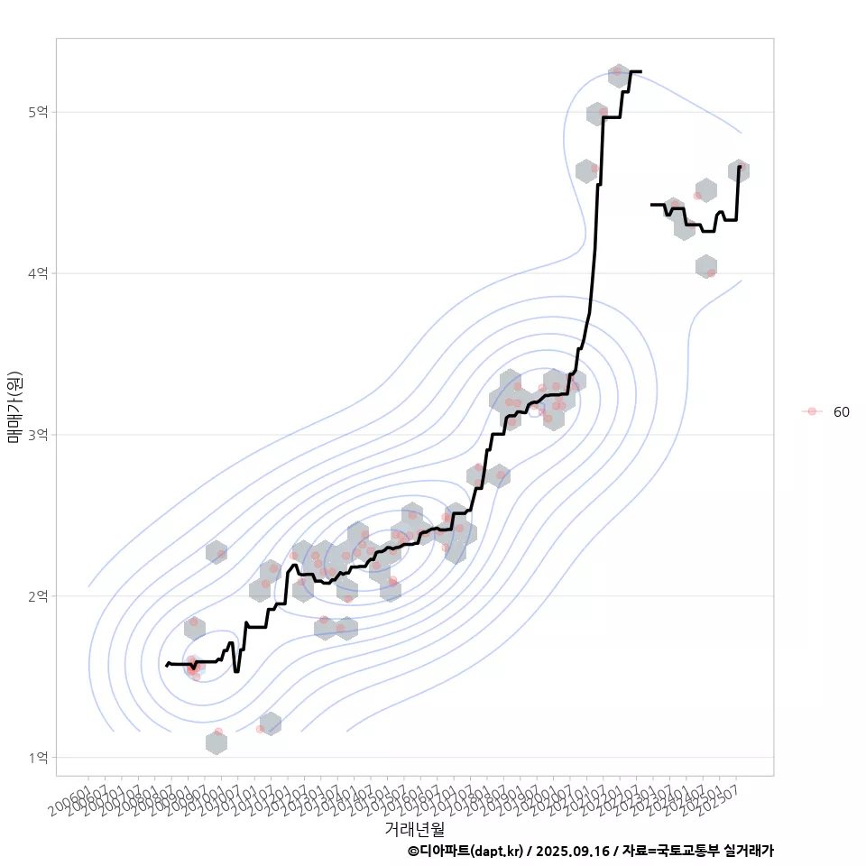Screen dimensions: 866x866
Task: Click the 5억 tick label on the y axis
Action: pos(39,112)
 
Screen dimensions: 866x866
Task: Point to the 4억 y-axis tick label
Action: pos(39,273)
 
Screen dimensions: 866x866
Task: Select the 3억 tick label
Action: pos(39,435)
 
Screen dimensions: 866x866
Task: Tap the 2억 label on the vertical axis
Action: pos(39,596)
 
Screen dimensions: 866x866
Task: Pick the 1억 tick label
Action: pos(39,758)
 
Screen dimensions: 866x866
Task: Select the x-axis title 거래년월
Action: pos(414,828)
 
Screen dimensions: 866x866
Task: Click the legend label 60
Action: pos(841,411)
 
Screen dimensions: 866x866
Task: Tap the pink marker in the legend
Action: pos(812,411)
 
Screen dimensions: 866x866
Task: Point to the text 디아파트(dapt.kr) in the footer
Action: pos(471,851)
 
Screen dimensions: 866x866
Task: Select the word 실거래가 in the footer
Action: pos(746,851)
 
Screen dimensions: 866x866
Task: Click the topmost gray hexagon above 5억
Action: pos(618,76)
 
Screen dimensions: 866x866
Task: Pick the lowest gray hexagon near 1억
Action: pos(216,743)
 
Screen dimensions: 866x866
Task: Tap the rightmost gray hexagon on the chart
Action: pos(739,171)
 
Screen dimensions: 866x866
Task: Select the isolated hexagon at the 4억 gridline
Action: pos(706,266)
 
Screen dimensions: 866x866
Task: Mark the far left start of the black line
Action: pos(167,666)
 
